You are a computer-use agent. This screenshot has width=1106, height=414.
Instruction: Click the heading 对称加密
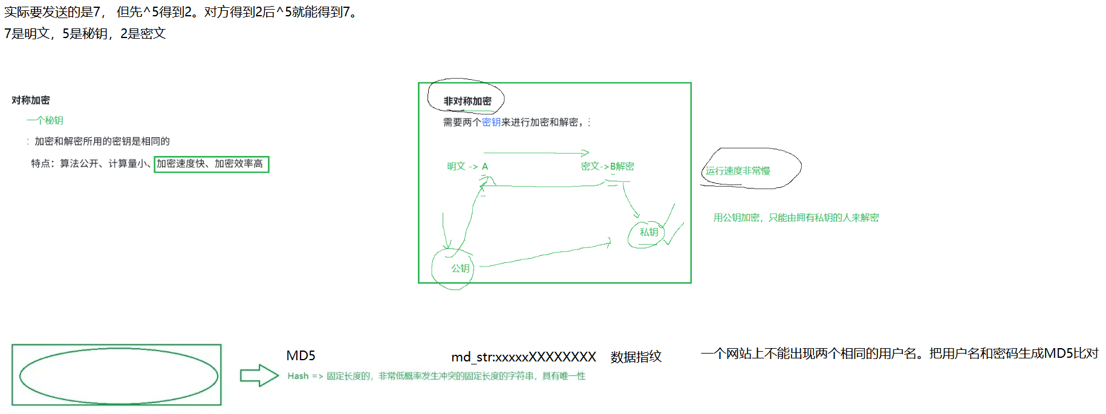tap(30, 100)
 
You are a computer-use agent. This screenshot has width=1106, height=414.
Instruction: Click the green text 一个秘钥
tap(45, 120)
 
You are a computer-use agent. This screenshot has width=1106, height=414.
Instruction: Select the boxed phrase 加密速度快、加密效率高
tap(211, 164)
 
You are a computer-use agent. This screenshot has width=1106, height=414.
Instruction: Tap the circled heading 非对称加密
tap(467, 101)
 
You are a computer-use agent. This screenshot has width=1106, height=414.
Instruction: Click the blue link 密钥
tap(491, 122)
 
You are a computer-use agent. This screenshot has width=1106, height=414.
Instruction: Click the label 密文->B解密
tap(607, 166)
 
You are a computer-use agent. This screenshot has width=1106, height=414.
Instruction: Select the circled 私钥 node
tap(648, 232)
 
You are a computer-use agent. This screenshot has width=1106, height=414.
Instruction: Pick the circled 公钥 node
tap(460, 268)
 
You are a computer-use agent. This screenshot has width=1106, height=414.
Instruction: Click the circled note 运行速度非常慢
tap(738, 170)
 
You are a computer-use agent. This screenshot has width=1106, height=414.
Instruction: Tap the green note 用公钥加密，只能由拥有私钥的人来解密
tap(796, 218)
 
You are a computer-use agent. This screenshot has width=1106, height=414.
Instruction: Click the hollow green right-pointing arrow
tap(259, 375)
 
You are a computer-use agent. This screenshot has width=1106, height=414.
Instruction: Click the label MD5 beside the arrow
tap(301, 355)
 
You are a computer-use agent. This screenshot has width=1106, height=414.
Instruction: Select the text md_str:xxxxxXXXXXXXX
tap(524, 357)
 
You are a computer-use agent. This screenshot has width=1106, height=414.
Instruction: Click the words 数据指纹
tap(636, 357)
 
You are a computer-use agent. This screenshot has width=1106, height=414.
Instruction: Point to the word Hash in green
tap(298, 376)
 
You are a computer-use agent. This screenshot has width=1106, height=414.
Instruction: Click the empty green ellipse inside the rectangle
tap(119, 375)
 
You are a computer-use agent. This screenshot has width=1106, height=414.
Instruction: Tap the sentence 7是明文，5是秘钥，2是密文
tap(85, 33)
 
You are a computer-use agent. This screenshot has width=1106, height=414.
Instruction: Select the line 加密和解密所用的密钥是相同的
tap(102, 141)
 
